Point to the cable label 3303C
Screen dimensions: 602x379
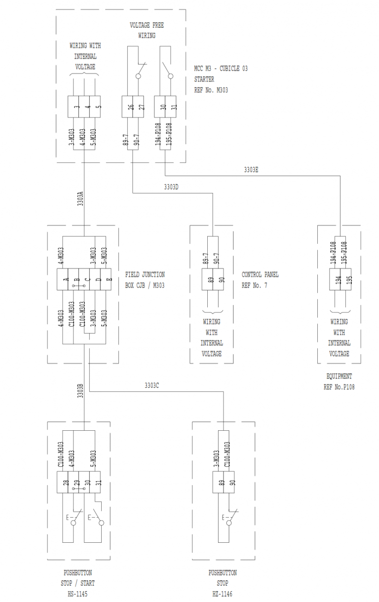coord(152,385)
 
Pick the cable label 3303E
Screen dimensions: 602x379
coord(251,169)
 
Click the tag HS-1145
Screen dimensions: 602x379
coord(77,594)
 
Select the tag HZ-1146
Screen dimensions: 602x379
coord(223,594)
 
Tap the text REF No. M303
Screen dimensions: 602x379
coord(211,90)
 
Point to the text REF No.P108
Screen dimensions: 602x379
coord(339,387)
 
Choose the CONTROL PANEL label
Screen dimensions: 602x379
coord(260,275)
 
